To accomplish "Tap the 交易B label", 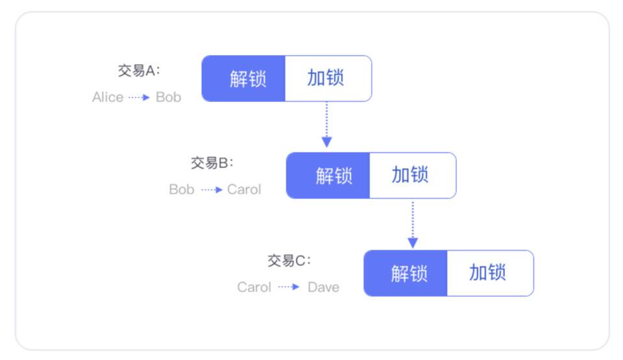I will (212, 163).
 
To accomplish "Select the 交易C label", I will (289, 261).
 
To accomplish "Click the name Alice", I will (108, 97).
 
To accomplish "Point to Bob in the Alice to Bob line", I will (169, 97).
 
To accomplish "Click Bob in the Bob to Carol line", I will (182, 189).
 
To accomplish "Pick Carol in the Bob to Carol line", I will (244, 189).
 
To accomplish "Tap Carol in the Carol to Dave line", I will (254, 287).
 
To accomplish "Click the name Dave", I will (323, 287).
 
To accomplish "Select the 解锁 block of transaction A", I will (244, 78).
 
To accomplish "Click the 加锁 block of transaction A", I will (328, 78).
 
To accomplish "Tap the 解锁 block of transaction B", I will (329, 175).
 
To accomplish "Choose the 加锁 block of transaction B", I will (412, 175).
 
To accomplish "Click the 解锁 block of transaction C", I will (406, 273).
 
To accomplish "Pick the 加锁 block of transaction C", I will (489, 273).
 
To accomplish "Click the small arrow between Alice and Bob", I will (139, 97).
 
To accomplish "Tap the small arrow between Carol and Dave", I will (289, 287).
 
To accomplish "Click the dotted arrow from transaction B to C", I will (412, 224).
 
